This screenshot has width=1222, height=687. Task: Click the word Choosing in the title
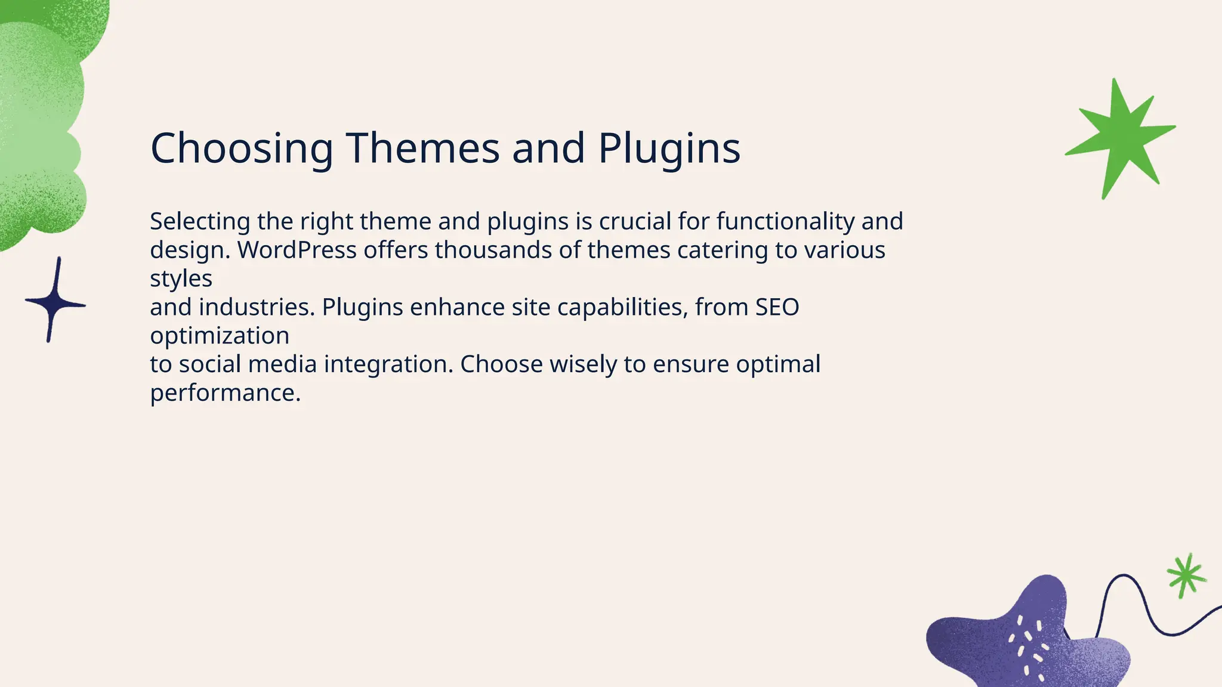point(242,148)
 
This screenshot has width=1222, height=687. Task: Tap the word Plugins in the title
point(669,148)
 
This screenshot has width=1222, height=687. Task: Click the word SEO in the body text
point(777,307)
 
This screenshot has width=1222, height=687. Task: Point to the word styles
point(181,278)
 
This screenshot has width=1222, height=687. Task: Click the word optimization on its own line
point(220,336)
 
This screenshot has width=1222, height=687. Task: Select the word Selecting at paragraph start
point(200,221)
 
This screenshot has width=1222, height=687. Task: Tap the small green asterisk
point(1185,575)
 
